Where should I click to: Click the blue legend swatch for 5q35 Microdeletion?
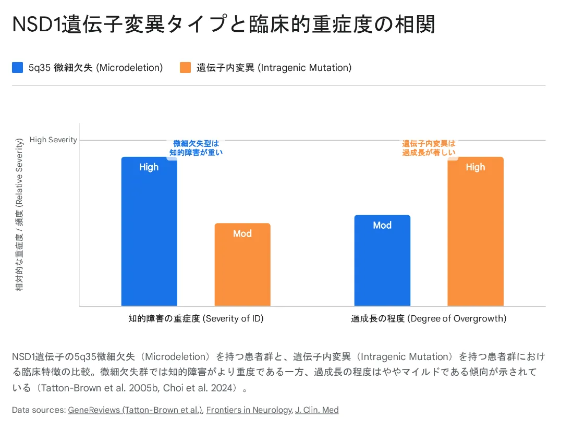[x=18, y=68]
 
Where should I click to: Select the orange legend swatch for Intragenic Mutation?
[x=185, y=68]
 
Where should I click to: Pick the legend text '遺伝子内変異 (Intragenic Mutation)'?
[x=274, y=68]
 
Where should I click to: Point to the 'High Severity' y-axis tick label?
[x=53, y=140]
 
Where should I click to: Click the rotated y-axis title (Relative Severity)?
[x=19, y=214]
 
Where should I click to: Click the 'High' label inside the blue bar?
[x=149, y=167]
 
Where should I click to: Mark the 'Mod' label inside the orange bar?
[x=242, y=234]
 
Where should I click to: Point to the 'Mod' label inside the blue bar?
[x=382, y=226]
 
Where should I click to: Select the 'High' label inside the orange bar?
[x=475, y=167]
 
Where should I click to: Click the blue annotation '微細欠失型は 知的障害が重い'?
[x=196, y=148]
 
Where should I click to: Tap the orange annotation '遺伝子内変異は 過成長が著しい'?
[x=429, y=148]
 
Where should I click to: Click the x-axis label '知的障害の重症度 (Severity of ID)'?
[x=196, y=318]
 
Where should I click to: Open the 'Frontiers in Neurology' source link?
[x=249, y=410]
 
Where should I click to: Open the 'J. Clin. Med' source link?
[x=317, y=410]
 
